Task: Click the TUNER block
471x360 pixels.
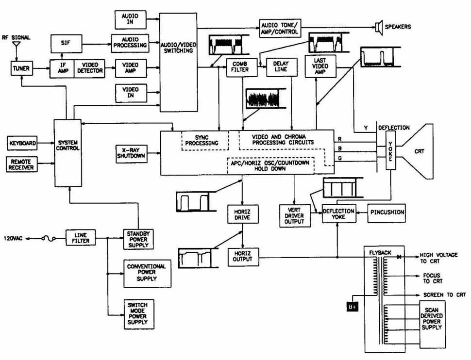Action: pyautogui.click(x=22, y=68)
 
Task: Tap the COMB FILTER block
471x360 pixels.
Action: pyautogui.click(x=242, y=67)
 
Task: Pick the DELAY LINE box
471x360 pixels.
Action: pyautogui.click(x=282, y=67)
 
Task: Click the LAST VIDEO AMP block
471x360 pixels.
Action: pyautogui.click(x=320, y=66)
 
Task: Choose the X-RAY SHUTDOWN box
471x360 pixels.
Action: pyautogui.click(x=131, y=154)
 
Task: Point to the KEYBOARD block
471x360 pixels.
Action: pyautogui.click(x=22, y=143)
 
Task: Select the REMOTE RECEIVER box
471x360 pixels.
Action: pyautogui.click(x=22, y=164)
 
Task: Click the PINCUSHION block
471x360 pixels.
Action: pyautogui.click(x=387, y=213)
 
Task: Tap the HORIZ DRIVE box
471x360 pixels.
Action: pyautogui.click(x=243, y=214)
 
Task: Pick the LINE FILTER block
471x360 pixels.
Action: pyautogui.click(x=81, y=238)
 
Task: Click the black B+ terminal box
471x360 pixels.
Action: pyautogui.click(x=353, y=307)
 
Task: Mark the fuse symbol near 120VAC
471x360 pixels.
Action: pyautogui.click(x=49, y=238)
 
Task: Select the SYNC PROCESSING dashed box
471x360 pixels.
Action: pyautogui.click(x=205, y=141)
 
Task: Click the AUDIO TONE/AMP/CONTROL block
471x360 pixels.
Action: pyautogui.click(x=280, y=29)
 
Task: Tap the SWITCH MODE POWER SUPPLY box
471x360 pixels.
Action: pyautogui.click(x=139, y=314)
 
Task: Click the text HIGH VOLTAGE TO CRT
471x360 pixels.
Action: pyautogui.click(x=438, y=258)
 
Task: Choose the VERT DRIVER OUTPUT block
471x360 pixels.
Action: pyautogui.click(x=295, y=216)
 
